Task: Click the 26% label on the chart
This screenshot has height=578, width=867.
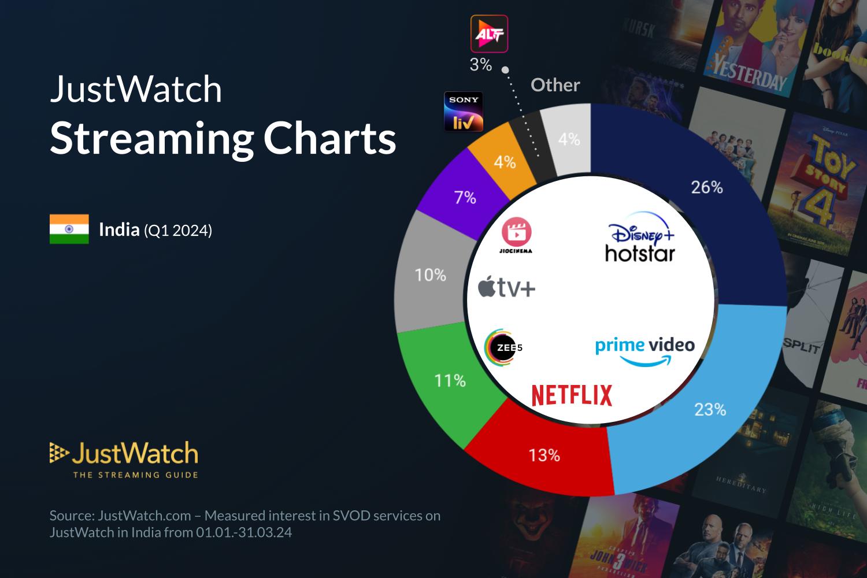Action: pyautogui.click(x=706, y=187)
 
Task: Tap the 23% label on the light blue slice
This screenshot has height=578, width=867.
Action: pyautogui.click(x=710, y=409)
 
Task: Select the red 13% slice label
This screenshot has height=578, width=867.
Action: pyautogui.click(x=544, y=455)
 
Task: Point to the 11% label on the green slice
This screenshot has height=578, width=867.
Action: pyautogui.click(x=450, y=380)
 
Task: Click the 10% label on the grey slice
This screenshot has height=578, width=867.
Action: pyautogui.click(x=430, y=275)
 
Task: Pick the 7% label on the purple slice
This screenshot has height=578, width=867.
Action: pyautogui.click(x=465, y=198)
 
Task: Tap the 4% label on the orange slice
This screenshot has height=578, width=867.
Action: pyautogui.click(x=504, y=162)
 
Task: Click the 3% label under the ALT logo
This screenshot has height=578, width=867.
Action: pyautogui.click(x=480, y=65)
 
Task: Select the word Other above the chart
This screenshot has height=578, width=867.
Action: pyautogui.click(x=555, y=85)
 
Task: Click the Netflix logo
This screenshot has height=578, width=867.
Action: pyautogui.click(x=572, y=395)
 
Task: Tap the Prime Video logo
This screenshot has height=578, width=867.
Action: pyautogui.click(x=644, y=350)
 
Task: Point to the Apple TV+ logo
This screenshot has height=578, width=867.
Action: pyautogui.click(x=506, y=287)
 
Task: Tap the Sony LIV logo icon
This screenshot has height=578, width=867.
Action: pyautogui.click(x=464, y=111)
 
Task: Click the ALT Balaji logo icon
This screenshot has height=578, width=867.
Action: pyautogui.click(x=489, y=34)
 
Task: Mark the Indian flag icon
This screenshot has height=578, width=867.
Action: pyautogui.click(x=69, y=229)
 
